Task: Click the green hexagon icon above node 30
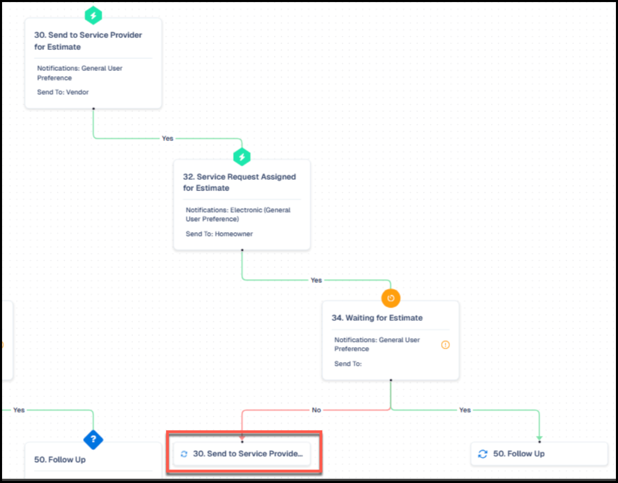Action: coord(93,16)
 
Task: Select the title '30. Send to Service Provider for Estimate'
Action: coord(88,41)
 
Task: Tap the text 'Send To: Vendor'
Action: coord(63,92)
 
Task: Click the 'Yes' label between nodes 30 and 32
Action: coord(167,138)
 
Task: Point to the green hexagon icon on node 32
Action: coord(242,157)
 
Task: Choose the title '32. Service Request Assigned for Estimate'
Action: coord(239,182)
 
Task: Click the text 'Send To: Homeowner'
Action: coord(219,234)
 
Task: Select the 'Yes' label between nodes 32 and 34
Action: coord(316,280)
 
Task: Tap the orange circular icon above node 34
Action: coord(390,298)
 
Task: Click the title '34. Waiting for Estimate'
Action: coord(377,318)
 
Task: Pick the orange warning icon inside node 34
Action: coord(445,345)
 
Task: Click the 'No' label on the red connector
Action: coord(316,410)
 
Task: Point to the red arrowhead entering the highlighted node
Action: coord(242,438)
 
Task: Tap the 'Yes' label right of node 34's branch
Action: coord(465,410)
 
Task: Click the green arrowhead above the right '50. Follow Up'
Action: coord(540,438)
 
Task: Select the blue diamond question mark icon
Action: coord(93,439)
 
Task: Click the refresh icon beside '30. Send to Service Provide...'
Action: coord(184,454)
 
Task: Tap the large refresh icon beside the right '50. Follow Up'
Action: coord(483,454)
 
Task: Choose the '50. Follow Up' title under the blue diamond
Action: coord(60,460)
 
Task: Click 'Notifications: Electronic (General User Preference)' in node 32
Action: coord(238,215)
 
